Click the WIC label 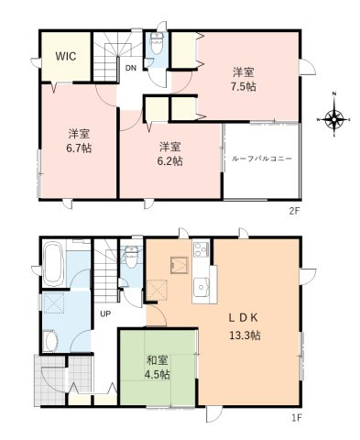coord(65,57)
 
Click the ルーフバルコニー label coord(262,159)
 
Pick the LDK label coord(245,318)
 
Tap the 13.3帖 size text coord(245,335)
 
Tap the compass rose coord(335,119)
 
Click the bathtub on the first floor coord(51,262)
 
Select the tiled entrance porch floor coord(61,378)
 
